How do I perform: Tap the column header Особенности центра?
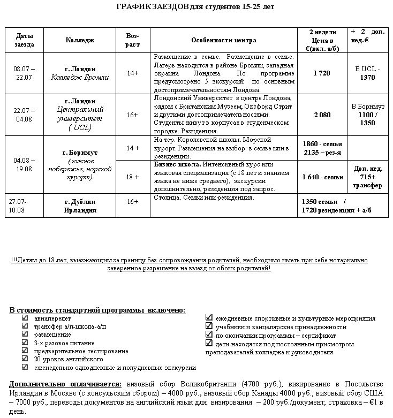(223, 40)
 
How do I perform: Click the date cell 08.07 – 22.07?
(24, 73)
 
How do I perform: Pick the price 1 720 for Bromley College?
(322, 73)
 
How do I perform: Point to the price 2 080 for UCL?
(322, 115)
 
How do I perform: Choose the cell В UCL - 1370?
(368, 73)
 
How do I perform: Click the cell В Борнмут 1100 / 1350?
(368, 115)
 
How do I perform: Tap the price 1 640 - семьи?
(322, 177)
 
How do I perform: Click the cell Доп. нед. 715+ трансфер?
(368, 177)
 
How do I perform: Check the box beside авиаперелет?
(25, 318)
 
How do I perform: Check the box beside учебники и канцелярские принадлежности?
(209, 326)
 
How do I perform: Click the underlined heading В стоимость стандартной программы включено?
(97, 310)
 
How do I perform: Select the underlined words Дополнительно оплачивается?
(65, 384)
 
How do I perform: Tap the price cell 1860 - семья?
(322, 145)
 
